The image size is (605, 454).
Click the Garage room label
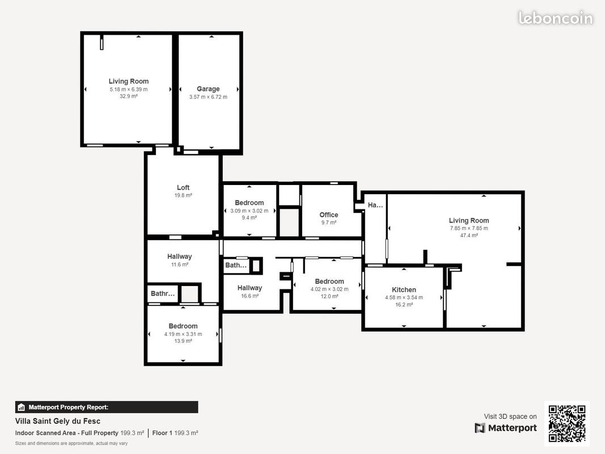point(208,89)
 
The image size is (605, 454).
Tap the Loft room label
point(183,188)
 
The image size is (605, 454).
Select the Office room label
point(329,215)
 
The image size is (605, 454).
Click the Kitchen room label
point(404,290)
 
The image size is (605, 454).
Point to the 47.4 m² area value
point(469,235)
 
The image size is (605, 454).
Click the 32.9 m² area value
point(129,96)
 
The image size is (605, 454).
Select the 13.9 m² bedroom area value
point(183,341)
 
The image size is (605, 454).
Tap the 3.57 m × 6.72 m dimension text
point(208,97)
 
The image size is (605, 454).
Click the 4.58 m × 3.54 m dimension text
point(404,297)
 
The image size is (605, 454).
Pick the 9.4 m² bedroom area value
point(249,218)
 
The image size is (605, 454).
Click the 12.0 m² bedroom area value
point(329,296)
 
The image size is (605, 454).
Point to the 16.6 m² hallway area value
point(249,296)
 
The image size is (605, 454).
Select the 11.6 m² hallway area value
point(179,264)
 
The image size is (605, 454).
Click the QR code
point(567,424)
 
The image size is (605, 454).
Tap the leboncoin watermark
point(555,18)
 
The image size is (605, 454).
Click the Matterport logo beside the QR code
point(506,428)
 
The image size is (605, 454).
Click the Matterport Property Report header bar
point(107,407)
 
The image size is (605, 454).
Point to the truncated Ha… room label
point(375,205)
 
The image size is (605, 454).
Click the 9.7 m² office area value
point(329,222)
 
